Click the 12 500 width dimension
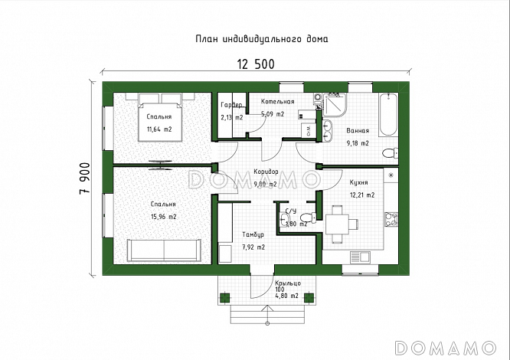(x=256, y=64)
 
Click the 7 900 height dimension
(x=84, y=178)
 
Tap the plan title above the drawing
(x=261, y=39)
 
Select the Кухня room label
(x=358, y=182)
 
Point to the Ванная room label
(x=358, y=131)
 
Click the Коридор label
(x=266, y=172)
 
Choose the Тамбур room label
(x=253, y=234)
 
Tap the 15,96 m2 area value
(x=164, y=217)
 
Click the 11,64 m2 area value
(x=159, y=129)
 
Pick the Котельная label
(x=277, y=101)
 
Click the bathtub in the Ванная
(x=388, y=114)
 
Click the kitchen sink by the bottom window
(x=360, y=257)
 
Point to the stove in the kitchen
(x=391, y=219)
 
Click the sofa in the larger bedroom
(x=164, y=250)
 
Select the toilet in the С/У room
(x=308, y=218)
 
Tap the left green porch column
(x=224, y=297)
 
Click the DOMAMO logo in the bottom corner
(x=445, y=348)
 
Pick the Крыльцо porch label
(x=288, y=283)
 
